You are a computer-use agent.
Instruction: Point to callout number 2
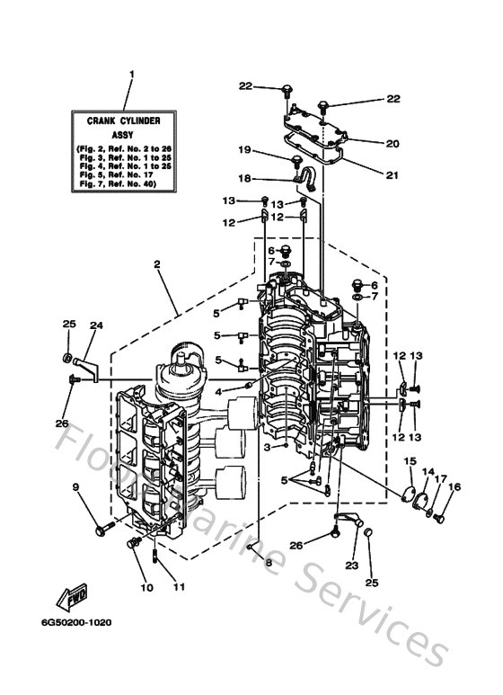(156, 264)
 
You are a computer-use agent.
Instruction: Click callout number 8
(267, 562)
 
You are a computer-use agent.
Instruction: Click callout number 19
(243, 149)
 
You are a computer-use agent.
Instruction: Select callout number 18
(243, 178)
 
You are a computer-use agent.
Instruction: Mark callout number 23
(350, 566)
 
